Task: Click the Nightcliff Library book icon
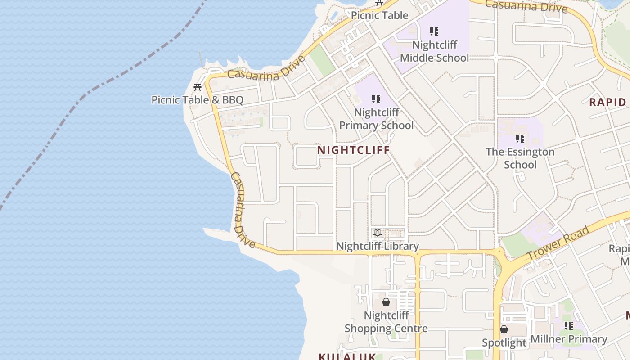(378, 233)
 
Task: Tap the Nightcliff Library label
(378, 246)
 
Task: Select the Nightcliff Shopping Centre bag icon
(386, 302)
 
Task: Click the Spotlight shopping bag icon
(504, 330)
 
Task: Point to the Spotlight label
(504, 343)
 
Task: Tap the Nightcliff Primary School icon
(376, 99)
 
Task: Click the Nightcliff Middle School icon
(434, 31)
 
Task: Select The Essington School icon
(520, 139)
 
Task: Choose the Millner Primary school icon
(569, 325)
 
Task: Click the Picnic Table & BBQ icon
(197, 87)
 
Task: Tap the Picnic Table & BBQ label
(197, 100)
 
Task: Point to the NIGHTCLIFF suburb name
(354, 150)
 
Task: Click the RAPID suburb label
(607, 102)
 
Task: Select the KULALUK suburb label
(347, 356)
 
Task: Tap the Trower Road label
(558, 243)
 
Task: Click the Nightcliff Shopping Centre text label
(386, 322)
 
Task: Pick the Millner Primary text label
(569, 339)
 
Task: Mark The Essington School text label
(520, 158)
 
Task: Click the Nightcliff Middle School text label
(434, 51)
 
